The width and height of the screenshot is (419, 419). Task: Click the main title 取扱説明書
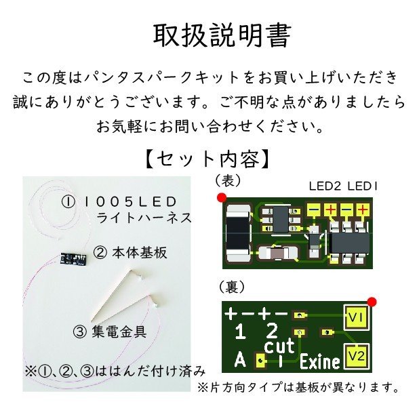click(222, 36)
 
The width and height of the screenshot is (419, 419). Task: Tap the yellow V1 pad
click(357, 317)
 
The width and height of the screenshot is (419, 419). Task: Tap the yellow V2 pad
click(357, 357)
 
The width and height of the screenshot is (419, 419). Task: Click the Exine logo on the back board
click(320, 361)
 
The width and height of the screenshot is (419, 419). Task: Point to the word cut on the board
click(279, 346)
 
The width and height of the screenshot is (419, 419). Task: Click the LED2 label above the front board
click(325, 186)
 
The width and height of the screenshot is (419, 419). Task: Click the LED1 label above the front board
click(362, 186)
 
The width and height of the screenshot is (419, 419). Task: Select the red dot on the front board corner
click(222, 198)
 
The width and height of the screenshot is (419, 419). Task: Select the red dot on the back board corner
click(372, 302)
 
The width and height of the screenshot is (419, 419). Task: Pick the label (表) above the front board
click(228, 180)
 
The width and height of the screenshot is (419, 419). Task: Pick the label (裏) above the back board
click(231, 287)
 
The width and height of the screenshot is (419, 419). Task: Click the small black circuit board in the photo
click(73, 258)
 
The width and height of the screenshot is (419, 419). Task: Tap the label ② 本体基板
click(130, 252)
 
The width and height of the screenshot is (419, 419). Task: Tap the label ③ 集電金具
click(110, 332)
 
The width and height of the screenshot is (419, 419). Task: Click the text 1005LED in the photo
click(130, 202)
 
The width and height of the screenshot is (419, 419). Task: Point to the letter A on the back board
click(240, 361)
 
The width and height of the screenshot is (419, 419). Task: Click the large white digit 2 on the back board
click(272, 331)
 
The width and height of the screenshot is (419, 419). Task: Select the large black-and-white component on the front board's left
click(238, 233)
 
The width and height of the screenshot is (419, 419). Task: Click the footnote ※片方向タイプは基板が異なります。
click(298, 387)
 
